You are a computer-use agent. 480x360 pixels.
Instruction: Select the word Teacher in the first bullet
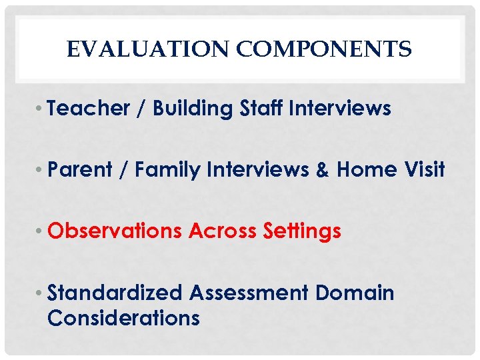pyautogui.click(x=88, y=109)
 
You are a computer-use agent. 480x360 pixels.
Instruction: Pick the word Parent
pyautogui.click(x=80, y=170)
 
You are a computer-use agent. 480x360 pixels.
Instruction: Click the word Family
pyautogui.click(x=167, y=170)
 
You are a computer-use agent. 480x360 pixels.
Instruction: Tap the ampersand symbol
pyautogui.click(x=323, y=170)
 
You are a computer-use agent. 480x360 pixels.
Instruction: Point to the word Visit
pyautogui.click(x=424, y=170)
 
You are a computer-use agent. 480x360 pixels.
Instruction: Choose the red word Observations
pyautogui.click(x=115, y=231)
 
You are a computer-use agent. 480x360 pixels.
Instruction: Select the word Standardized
pyautogui.click(x=115, y=293)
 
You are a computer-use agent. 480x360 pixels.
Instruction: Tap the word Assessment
pyautogui.click(x=249, y=293)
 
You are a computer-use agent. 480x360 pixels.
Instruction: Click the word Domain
pyautogui.click(x=355, y=293)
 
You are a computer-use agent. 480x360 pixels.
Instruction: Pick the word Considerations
pyautogui.click(x=123, y=318)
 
